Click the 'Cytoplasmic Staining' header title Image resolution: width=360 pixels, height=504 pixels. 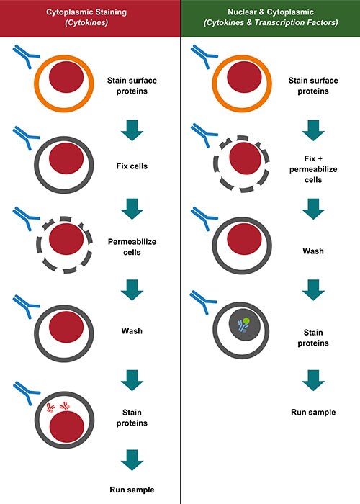[x=86, y=12]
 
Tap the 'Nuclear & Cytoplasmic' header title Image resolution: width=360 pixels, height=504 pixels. [x=271, y=12]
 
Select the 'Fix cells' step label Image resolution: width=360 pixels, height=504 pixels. [x=132, y=166]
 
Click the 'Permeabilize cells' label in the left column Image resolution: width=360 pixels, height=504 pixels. [x=132, y=247]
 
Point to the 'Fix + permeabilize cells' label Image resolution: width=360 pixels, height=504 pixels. [x=313, y=169]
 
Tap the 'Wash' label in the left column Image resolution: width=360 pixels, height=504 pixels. [x=132, y=330]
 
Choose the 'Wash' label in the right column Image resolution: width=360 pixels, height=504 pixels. [x=313, y=251]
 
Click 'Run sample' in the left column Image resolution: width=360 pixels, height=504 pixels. [x=132, y=490]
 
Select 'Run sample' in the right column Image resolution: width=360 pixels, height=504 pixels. [x=313, y=412]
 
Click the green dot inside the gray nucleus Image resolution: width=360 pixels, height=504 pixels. [x=246, y=321]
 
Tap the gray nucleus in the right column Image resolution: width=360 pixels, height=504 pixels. [x=243, y=325]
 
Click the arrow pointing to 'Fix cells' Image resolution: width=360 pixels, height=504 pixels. [x=132, y=130]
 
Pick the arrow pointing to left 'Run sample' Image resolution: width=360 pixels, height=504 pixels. [x=132, y=460]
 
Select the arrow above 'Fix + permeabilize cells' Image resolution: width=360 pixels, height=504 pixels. [x=313, y=130]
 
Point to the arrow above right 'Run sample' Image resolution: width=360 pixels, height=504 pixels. [x=313, y=380]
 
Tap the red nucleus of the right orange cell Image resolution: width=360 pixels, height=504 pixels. [x=244, y=77]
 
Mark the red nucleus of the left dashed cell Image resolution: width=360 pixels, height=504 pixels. [x=66, y=239]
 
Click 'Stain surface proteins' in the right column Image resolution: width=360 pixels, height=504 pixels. [x=313, y=86]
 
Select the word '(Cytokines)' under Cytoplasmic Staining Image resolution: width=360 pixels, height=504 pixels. [x=86, y=22]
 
